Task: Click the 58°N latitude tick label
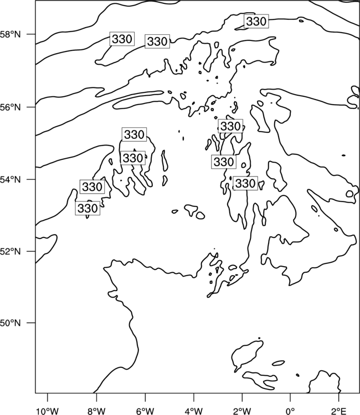coord(11,34)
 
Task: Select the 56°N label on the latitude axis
coord(11,107)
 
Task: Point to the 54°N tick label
coord(11,179)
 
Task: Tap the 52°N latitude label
coord(11,251)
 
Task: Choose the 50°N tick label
coord(11,323)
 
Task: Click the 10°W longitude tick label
coord(48,411)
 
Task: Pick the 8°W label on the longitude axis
coord(96,411)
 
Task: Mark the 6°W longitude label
coord(145,411)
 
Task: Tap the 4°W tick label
coord(194,411)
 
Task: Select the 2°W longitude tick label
coord(242,411)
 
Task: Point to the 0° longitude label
coord(290,411)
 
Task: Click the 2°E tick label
coord(338,411)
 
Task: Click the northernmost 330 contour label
coord(256,21)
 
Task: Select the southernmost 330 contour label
coord(88,208)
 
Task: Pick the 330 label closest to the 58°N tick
coord(122,39)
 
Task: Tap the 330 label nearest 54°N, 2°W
coord(245,183)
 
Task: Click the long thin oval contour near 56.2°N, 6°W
coord(138,100)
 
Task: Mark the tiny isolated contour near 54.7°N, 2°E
coord(343,155)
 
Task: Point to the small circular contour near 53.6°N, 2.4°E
coord(349,194)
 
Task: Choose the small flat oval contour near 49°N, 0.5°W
coord(279,363)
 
